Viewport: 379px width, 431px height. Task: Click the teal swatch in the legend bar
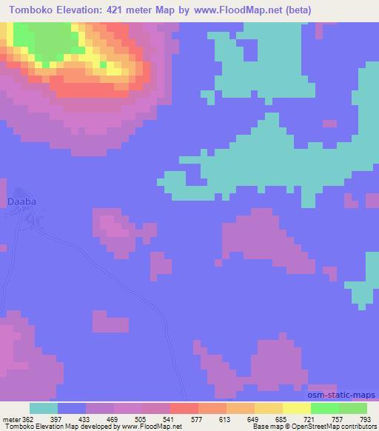click(x=44, y=408)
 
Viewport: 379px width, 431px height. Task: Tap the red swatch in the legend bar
click(x=184, y=408)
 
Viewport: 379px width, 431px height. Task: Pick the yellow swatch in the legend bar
click(x=297, y=408)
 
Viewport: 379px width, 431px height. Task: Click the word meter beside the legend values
click(x=10, y=419)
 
